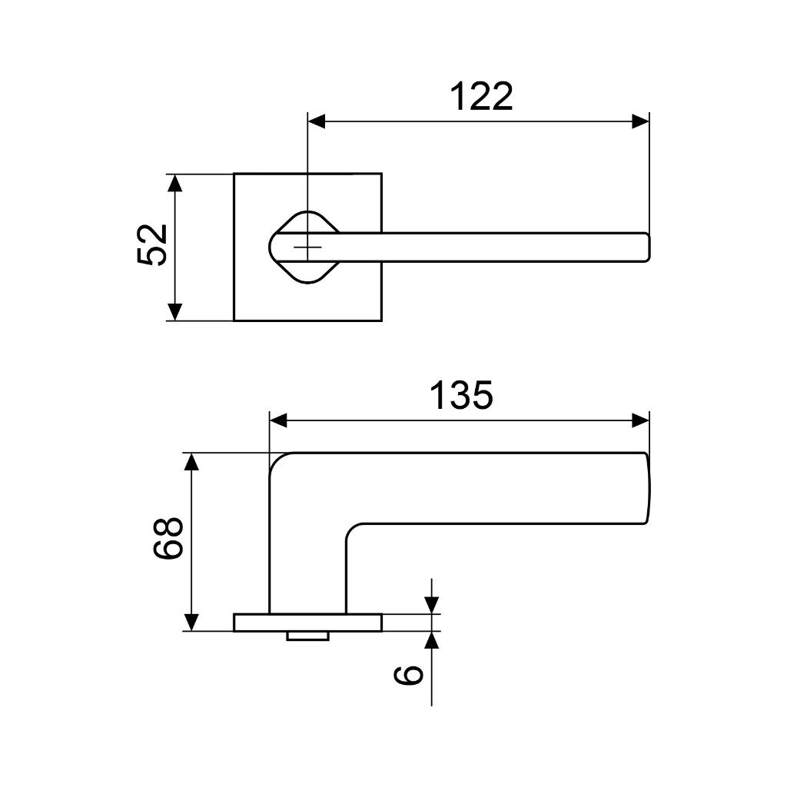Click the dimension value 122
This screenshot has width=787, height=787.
[480, 97]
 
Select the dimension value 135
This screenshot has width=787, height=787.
[460, 396]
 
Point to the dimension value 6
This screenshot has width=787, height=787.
[408, 675]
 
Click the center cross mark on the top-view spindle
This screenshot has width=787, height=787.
[307, 247]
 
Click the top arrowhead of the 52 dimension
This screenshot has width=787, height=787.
[175, 183]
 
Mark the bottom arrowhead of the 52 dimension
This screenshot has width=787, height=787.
[175, 311]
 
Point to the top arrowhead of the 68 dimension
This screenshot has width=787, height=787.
[191, 462]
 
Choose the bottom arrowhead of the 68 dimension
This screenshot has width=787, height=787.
[191, 622]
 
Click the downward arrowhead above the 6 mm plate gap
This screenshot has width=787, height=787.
[432, 605]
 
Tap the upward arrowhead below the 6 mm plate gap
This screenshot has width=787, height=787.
[432, 640]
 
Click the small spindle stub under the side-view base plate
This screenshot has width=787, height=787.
[307, 636]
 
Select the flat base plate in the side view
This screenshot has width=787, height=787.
[307, 622]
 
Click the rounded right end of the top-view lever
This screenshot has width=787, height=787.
[646, 247]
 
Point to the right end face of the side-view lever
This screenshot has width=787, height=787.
[647, 489]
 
